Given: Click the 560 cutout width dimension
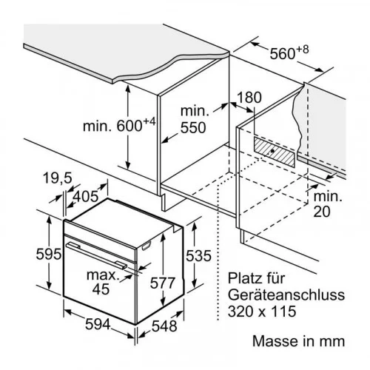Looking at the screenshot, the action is [x=289, y=53].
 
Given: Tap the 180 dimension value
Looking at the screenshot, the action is [x=249, y=98].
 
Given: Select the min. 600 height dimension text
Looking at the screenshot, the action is [x=119, y=125].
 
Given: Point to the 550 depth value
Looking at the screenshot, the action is [x=193, y=128].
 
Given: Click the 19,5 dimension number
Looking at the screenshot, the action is [x=58, y=178].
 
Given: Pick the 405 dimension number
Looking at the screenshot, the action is [x=86, y=197].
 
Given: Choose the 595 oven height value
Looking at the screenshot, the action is [x=49, y=254].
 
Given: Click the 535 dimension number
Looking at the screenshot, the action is [x=198, y=255].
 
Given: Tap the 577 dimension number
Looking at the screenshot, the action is [x=163, y=283].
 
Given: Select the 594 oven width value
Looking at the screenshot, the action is [x=98, y=324].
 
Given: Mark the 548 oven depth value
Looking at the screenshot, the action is [x=164, y=326].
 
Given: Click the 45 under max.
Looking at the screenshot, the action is [x=101, y=289].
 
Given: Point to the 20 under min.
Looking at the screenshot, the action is [x=322, y=212].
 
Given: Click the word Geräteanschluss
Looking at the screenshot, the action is [x=286, y=295].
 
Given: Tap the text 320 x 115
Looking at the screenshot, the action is [x=262, y=312].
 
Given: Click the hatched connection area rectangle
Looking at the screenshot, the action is [x=274, y=152].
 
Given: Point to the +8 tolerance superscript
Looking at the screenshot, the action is [x=303, y=50].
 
